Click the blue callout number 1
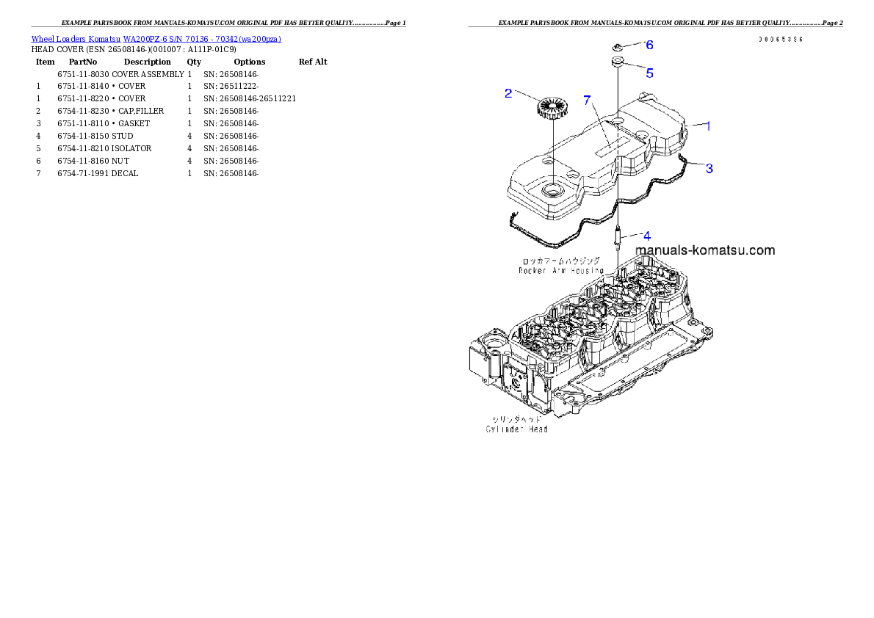click(708, 126)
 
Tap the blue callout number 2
click(508, 93)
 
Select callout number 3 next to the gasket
click(709, 168)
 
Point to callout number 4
click(646, 236)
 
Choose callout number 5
click(649, 73)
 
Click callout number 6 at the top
click(649, 45)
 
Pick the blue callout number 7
click(587, 101)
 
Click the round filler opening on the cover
click(552, 193)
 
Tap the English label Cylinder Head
click(517, 429)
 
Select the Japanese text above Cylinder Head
click(517, 418)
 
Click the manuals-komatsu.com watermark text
click(704, 250)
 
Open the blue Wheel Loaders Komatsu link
click(156, 39)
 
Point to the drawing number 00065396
click(781, 39)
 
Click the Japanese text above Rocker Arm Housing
click(560, 261)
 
